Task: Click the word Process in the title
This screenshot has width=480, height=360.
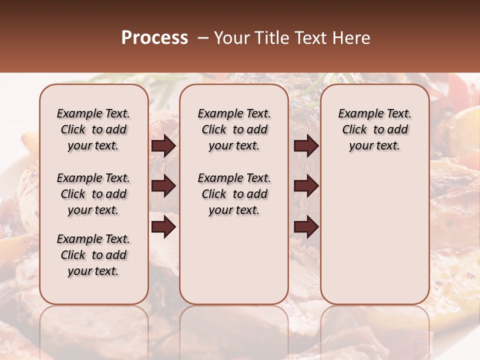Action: (154, 38)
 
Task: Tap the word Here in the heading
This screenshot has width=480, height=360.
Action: (352, 38)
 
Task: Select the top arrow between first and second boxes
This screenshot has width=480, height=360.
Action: (163, 146)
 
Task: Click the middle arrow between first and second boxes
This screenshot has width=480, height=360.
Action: (163, 186)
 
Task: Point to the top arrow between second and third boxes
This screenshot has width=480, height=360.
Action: (306, 146)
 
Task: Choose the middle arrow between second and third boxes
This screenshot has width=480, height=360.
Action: (306, 186)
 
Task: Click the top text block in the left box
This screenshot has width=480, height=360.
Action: (93, 129)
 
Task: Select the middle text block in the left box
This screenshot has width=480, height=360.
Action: (93, 194)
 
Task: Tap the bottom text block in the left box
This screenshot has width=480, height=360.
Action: (93, 255)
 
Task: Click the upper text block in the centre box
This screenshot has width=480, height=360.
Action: (234, 129)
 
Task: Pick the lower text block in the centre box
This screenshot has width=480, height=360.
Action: (234, 194)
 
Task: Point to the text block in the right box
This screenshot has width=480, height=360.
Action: (375, 129)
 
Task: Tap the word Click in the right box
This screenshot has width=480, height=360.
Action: (355, 130)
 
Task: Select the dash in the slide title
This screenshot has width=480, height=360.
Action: (203, 38)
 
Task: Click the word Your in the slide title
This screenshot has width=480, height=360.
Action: (231, 38)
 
